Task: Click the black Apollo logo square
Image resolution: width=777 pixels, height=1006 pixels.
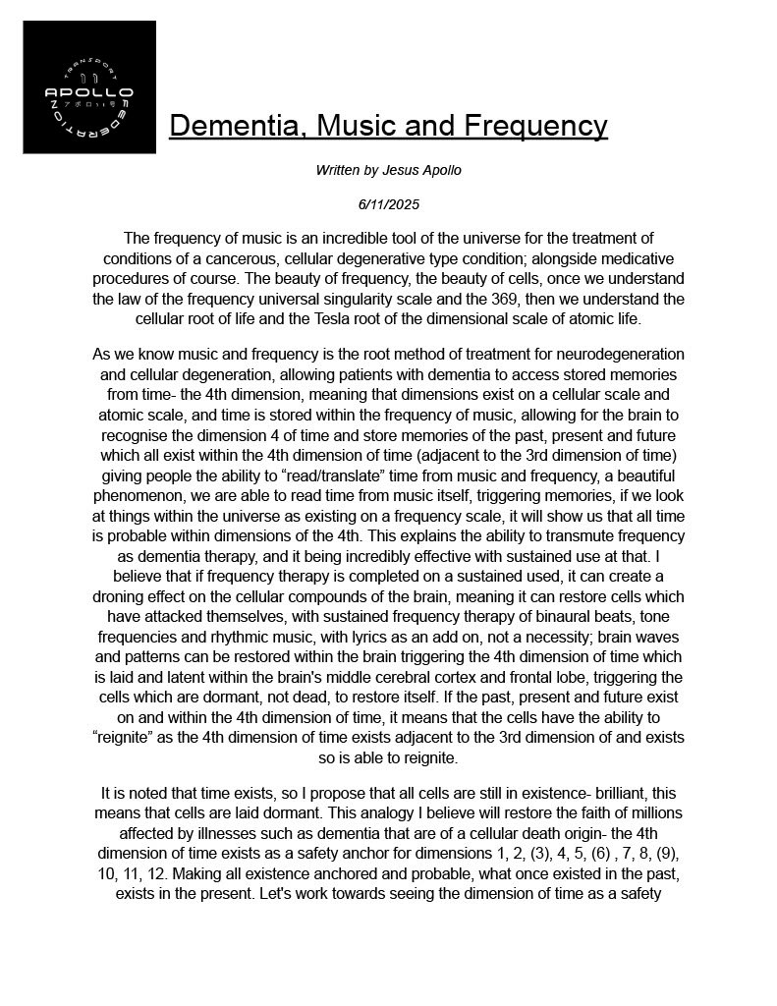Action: tap(89, 87)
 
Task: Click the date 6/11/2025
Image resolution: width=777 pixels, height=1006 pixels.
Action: tap(388, 204)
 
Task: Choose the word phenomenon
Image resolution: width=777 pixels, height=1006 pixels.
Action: tap(139, 495)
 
